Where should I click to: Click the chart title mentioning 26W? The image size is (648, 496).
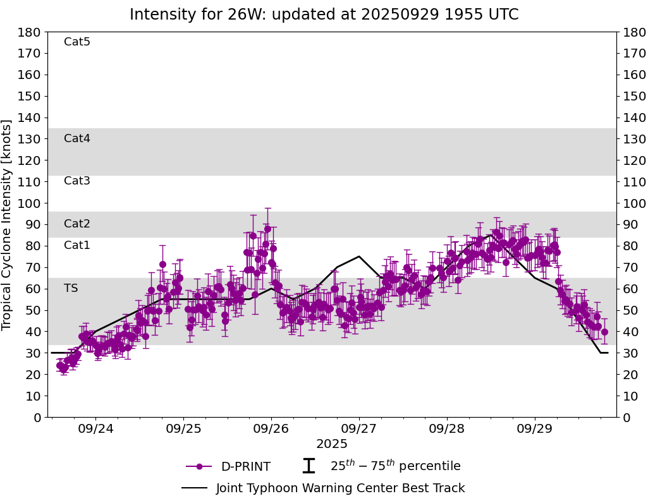324,15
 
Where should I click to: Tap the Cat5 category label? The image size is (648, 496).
77,42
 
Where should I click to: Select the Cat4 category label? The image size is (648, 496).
77,138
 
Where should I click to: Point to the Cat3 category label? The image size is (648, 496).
77,181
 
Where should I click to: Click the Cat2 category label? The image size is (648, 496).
77,224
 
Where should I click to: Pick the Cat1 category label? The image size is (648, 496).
77,245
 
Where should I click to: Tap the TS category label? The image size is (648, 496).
71,288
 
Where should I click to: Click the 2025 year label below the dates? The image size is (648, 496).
332,444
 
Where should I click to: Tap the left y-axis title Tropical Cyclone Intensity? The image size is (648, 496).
8,224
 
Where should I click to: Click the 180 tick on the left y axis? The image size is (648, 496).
30,32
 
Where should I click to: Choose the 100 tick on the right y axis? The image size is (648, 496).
633,203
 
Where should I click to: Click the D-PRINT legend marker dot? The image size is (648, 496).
200,467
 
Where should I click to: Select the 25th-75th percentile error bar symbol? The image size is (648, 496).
309,466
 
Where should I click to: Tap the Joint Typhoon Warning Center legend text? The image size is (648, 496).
340,488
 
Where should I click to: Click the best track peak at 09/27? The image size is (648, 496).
359,257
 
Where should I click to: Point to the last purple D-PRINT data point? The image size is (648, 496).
604,332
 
